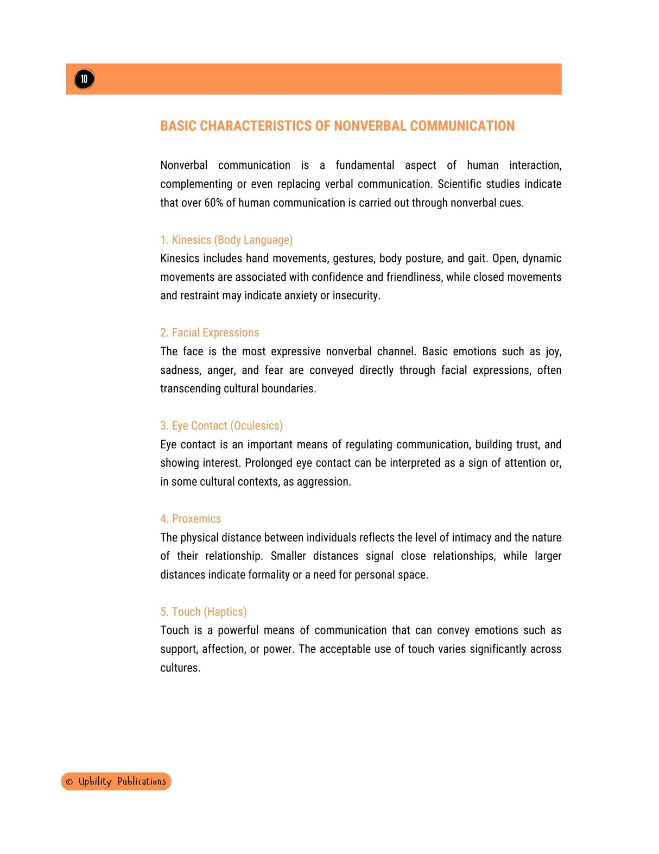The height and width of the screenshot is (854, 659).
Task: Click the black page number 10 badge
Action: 84,79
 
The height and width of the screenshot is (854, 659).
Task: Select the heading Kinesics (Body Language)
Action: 226,240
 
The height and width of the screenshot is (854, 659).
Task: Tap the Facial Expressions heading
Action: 210,333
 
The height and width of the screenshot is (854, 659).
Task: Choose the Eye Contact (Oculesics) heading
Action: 221,426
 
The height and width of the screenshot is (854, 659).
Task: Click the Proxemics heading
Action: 191,519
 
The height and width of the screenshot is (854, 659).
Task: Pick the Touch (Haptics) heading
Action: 203,612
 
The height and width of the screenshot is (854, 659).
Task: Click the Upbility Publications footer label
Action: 122,781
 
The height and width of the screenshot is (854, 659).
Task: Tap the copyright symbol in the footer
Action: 69,782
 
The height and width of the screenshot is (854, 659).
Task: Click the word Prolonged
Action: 268,463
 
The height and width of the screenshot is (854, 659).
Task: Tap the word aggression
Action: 324,482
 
